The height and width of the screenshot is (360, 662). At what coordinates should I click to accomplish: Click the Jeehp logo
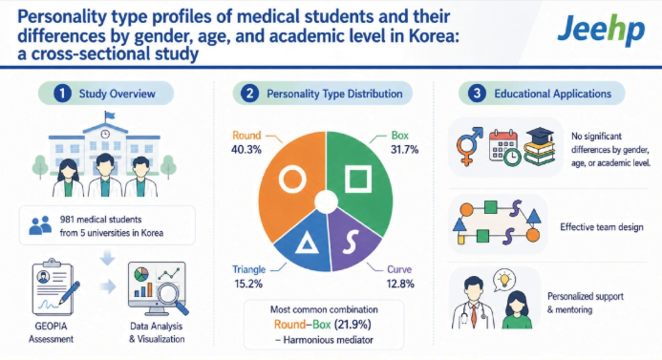(x=601, y=29)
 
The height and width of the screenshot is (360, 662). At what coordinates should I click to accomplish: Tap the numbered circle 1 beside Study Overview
(x=62, y=94)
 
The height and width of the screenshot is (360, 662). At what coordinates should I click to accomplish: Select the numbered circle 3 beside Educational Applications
(x=477, y=94)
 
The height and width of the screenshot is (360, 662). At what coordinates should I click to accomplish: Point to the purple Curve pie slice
(x=352, y=241)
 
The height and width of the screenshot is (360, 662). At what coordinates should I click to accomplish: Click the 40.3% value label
(x=246, y=149)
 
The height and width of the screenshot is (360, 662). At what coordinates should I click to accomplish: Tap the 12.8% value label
(x=400, y=284)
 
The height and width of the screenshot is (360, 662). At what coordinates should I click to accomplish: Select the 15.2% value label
(x=248, y=284)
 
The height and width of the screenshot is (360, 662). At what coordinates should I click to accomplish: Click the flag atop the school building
(x=109, y=115)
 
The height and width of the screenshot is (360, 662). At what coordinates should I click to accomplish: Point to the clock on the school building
(x=105, y=134)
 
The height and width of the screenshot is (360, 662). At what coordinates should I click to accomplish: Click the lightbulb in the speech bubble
(x=504, y=279)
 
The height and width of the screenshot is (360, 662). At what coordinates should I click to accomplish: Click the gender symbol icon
(x=469, y=146)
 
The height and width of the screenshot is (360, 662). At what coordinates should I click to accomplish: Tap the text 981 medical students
(x=100, y=220)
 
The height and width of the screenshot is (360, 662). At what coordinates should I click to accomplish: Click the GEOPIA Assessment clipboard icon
(x=54, y=287)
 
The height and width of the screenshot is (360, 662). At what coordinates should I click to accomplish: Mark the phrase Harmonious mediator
(x=328, y=340)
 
